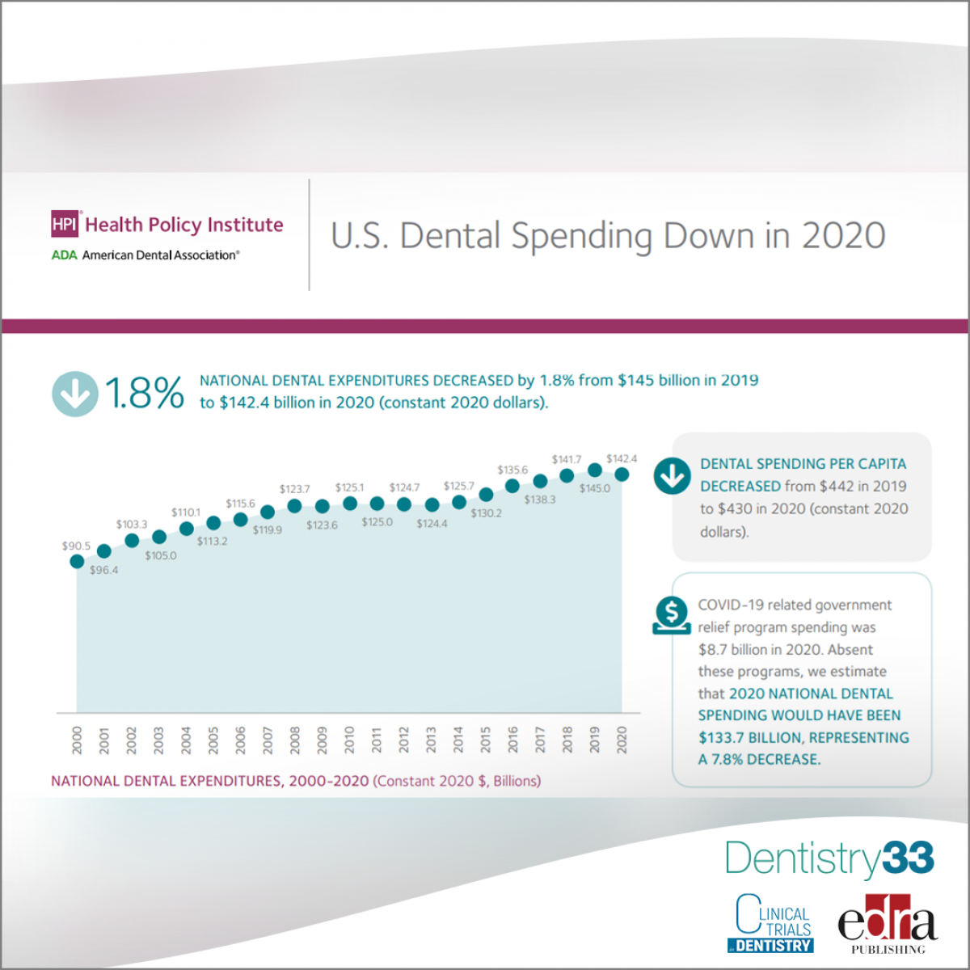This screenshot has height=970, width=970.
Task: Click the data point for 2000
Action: coord(77,561)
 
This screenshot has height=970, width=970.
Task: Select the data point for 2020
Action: coord(622,474)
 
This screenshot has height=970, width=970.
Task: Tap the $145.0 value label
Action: coord(595,488)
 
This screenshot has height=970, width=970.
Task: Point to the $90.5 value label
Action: coord(76,546)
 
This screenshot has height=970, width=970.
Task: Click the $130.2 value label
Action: coord(486,513)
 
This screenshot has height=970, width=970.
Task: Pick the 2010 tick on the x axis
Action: coord(349,740)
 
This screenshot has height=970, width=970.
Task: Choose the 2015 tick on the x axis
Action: coord(486,740)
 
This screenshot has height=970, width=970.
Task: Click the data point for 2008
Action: coord(295,506)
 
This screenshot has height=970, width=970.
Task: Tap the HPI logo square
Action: coord(65,224)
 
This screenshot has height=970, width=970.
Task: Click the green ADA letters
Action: coord(65,255)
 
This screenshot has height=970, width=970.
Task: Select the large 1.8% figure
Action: coord(145,394)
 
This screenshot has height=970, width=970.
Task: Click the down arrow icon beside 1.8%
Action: coord(75,394)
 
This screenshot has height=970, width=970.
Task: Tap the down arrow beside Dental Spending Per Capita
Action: coord(672,476)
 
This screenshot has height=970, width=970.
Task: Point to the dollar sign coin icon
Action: coord(672,615)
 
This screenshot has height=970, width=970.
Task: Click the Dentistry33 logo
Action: coord(829,858)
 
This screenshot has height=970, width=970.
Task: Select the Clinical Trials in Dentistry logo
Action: coord(774,923)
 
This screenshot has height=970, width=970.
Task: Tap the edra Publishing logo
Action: coord(887,924)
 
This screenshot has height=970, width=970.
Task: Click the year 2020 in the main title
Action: coord(844,235)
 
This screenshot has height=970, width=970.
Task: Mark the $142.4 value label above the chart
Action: coord(622,459)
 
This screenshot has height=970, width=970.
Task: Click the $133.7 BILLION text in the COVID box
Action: coord(750,738)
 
